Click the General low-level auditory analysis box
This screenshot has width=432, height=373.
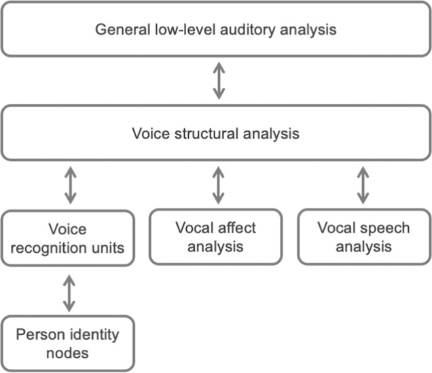coord(216,30)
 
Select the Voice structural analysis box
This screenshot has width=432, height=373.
coord(216,133)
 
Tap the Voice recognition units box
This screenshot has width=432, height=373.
coord(68,238)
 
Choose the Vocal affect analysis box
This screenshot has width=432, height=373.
coord(217,236)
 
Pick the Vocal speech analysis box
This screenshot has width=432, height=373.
coord(363,236)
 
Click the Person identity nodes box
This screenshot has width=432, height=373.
coord(68,343)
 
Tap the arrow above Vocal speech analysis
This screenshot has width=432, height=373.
coord(364,184)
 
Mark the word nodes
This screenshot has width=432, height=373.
coord(68,353)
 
